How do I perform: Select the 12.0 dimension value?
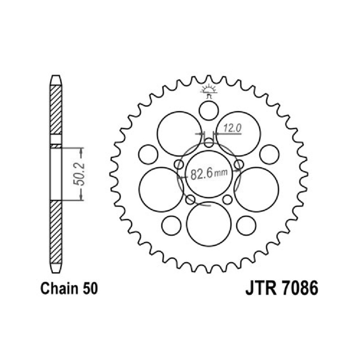coord(232,128)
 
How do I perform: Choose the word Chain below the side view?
coord(60,288)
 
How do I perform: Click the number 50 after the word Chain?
coord(90,289)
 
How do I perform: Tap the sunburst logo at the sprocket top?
coord(208,91)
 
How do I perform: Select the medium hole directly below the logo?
coord(209,111)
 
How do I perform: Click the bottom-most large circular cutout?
coord(209,224)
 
